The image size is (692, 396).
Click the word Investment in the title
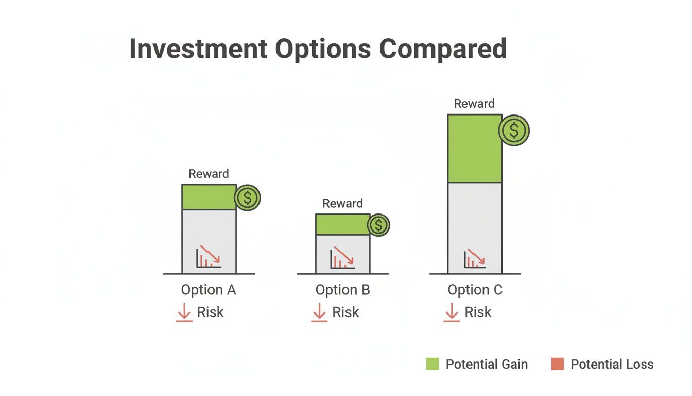(x=198, y=48)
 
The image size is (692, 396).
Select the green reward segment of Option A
(x=209, y=197)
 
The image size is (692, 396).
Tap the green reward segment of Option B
(x=342, y=224)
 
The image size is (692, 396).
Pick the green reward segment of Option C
(x=474, y=148)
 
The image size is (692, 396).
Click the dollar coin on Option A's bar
(x=248, y=198)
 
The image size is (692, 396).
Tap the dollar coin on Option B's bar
(x=379, y=225)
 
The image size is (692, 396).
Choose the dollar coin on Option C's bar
(x=514, y=130)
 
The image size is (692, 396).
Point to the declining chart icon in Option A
(x=209, y=256)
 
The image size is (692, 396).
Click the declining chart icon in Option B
(x=342, y=257)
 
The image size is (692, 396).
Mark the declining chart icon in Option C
(x=475, y=257)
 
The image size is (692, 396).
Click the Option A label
(x=209, y=290)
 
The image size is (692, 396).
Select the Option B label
(x=342, y=290)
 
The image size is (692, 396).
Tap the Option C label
(x=475, y=290)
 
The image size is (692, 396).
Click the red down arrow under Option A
(x=184, y=312)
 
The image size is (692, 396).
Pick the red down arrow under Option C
(x=452, y=312)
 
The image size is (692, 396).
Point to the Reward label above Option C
(x=474, y=104)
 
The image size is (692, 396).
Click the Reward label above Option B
(x=342, y=203)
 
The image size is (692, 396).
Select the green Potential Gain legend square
(x=432, y=364)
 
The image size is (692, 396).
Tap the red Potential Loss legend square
(x=557, y=364)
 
